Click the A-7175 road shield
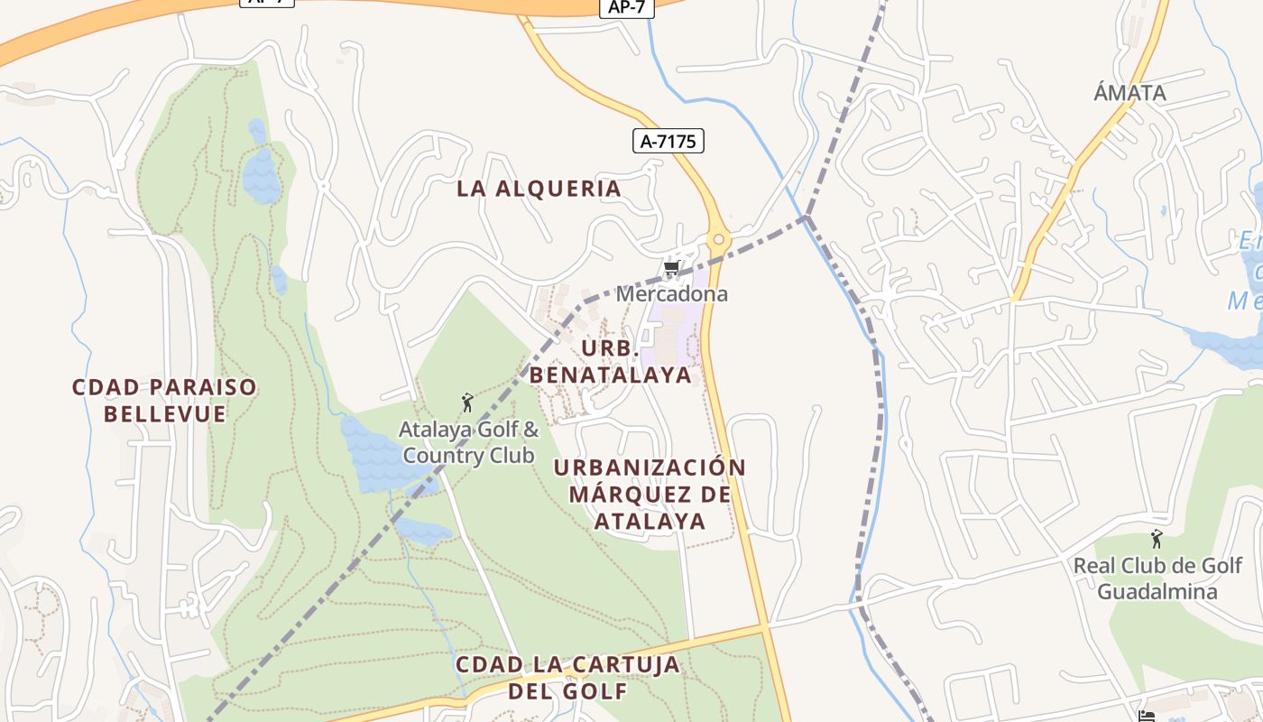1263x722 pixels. click(668, 141)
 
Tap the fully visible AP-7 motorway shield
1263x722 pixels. click(626, 7)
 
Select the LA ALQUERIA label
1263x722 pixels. click(539, 189)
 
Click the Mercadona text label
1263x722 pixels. click(671, 294)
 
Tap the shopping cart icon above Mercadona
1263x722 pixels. click(670, 268)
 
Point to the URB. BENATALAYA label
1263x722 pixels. click(610, 362)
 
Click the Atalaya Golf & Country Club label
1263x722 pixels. click(468, 442)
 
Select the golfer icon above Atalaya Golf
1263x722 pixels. click(467, 402)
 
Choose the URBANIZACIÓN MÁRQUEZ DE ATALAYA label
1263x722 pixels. click(650, 494)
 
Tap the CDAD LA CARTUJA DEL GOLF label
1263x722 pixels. click(567, 678)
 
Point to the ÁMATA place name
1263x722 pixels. click(1129, 92)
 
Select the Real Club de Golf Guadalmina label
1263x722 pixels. click(1157, 579)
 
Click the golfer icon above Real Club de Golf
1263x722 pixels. click(1157, 539)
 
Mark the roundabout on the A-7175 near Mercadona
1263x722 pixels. click(718, 240)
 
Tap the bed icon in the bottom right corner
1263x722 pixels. click(1147, 716)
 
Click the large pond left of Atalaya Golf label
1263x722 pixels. click(374, 456)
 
